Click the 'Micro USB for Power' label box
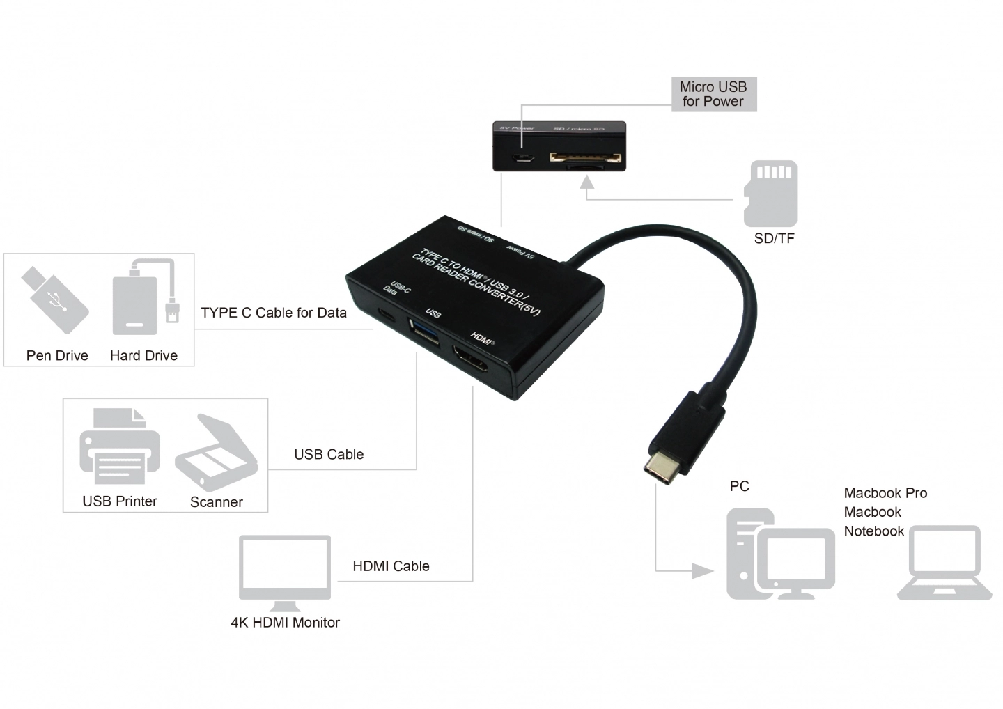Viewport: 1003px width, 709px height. tap(713, 94)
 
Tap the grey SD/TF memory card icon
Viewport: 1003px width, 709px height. tap(770, 193)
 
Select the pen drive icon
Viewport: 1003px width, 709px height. tap(55, 299)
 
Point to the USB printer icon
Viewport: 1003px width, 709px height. tap(119, 449)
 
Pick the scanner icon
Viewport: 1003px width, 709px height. tap(216, 453)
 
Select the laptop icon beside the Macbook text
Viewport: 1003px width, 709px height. tap(944, 563)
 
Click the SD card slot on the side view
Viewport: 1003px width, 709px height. tap(584, 159)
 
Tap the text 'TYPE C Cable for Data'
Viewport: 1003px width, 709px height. tap(274, 313)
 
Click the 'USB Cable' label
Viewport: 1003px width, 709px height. tap(329, 455)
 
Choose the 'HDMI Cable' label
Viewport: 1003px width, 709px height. tap(391, 566)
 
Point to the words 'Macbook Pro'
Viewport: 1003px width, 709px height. tap(885, 493)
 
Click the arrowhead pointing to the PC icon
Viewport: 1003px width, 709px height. tap(703, 571)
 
